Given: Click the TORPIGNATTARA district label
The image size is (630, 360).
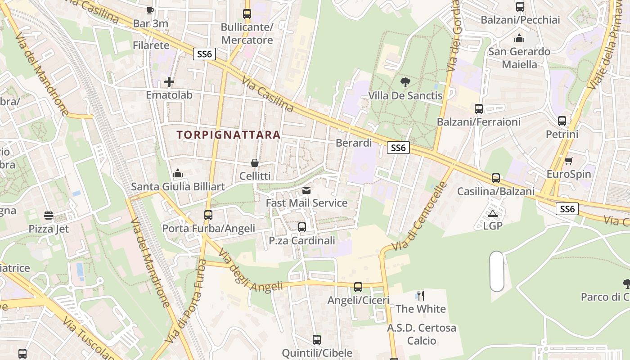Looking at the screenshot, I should (229, 135).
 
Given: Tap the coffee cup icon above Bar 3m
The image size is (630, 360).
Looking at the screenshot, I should (150, 10).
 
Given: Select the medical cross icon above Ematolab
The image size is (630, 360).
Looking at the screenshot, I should (169, 82).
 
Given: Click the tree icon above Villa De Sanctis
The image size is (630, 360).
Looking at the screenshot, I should (405, 82).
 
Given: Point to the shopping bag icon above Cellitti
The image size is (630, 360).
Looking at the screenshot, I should (255, 162).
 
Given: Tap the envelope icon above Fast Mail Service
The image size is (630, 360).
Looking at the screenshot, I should (306, 190).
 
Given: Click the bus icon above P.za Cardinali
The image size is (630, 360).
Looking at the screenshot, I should (302, 227).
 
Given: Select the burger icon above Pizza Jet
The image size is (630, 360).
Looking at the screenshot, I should (49, 216).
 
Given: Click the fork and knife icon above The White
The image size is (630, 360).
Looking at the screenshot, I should (421, 296).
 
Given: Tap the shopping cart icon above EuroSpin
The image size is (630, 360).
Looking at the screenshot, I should (568, 161).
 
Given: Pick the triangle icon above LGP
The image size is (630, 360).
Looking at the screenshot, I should (492, 213).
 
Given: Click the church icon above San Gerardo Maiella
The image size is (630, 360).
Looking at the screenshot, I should (519, 38).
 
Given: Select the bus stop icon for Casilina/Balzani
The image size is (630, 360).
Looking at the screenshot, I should (495, 178).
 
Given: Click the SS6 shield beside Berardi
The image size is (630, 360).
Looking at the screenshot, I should (398, 148).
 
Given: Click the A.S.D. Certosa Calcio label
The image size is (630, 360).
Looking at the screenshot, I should (422, 334).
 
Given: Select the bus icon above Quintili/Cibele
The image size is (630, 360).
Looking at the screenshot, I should (317, 340).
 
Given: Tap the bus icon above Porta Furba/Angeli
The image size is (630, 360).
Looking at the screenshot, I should (208, 215).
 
